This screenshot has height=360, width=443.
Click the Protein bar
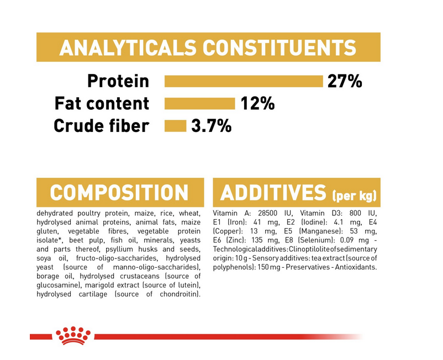(x=244, y=81)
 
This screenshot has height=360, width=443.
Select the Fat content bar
(x=200, y=104)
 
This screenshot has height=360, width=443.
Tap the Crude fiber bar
(x=176, y=126)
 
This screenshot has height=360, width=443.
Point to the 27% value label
(x=345, y=81)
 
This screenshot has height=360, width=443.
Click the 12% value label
(x=257, y=103)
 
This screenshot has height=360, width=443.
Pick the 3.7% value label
(x=212, y=126)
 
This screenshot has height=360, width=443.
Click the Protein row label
(x=118, y=81)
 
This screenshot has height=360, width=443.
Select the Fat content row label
(x=102, y=103)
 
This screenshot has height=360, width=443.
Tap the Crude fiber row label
(x=102, y=126)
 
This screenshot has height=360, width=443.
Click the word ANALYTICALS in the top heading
(x=128, y=47)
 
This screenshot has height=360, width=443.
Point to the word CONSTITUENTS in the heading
(x=279, y=47)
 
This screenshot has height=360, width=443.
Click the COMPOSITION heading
(x=119, y=193)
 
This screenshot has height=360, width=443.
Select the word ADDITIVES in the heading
(x=273, y=193)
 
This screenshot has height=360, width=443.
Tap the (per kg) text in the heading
(x=355, y=195)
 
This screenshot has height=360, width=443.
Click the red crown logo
(x=73, y=336)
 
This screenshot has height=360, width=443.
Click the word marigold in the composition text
(x=99, y=285)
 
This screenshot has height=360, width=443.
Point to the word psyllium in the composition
(x=119, y=250)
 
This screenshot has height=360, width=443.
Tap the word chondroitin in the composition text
(x=180, y=294)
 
